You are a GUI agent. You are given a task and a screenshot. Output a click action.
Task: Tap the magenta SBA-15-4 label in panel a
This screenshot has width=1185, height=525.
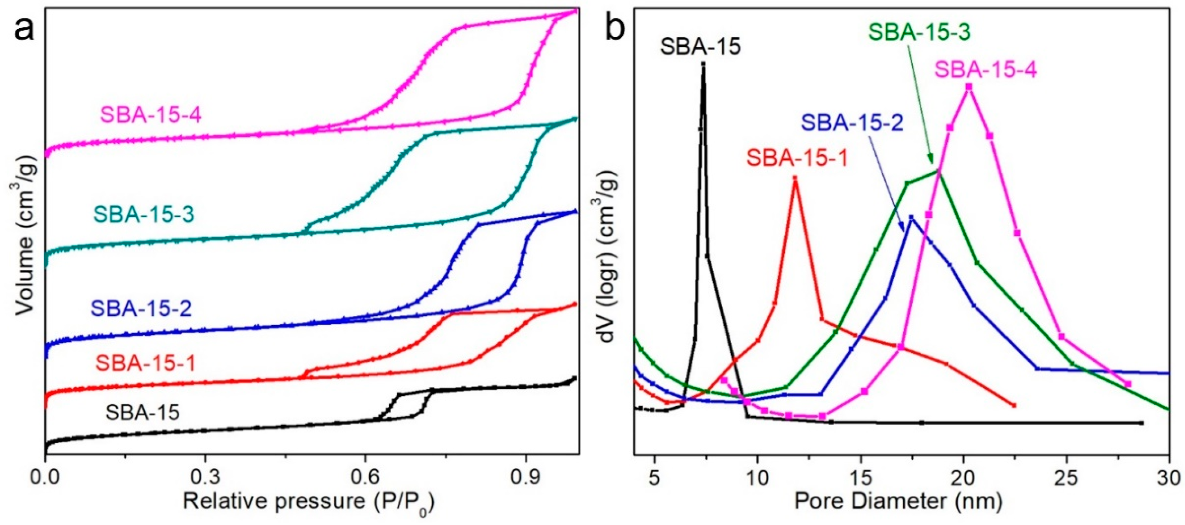pyautogui.click(x=151, y=115)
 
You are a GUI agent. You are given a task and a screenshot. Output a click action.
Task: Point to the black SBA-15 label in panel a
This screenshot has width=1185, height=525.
pyautogui.click(x=142, y=412)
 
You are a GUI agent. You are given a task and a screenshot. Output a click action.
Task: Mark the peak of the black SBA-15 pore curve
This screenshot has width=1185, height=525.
pyautogui.click(x=703, y=64)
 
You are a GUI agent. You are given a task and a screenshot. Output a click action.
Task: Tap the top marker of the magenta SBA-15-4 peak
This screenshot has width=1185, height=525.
pyautogui.click(x=968, y=86)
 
